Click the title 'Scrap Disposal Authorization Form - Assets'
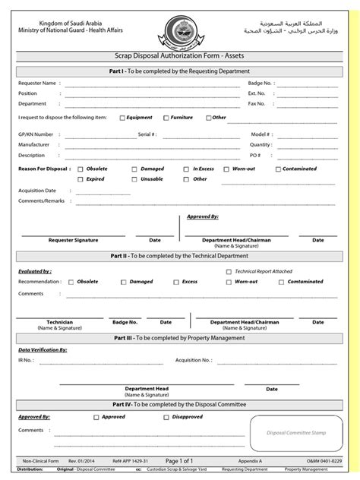pyautogui.click(x=180, y=57)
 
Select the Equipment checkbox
pyautogui.click(x=122, y=118)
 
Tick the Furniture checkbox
pyautogui.click(x=166, y=118)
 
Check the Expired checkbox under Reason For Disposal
pyautogui.click(x=81, y=179)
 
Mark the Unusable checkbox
pyautogui.click(x=134, y=179)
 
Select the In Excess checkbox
pyautogui.click(x=188, y=169)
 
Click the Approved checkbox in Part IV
pyautogui.click(x=96, y=417)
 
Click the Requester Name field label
pyautogui.click(x=37, y=82)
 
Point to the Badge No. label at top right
pyautogui.click(x=261, y=82)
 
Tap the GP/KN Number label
pyautogui.click(x=36, y=134)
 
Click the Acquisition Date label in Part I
pyautogui.click(x=37, y=191)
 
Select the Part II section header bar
pyautogui.click(x=180, y=256)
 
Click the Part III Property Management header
pyautogui.click(x=180, y=336)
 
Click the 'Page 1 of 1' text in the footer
pyautogui.click(x=180, y=461)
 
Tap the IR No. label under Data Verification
pyautogui.click(x=27, y=360)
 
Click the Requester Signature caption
pyautogui.click(x=73, y=240)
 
